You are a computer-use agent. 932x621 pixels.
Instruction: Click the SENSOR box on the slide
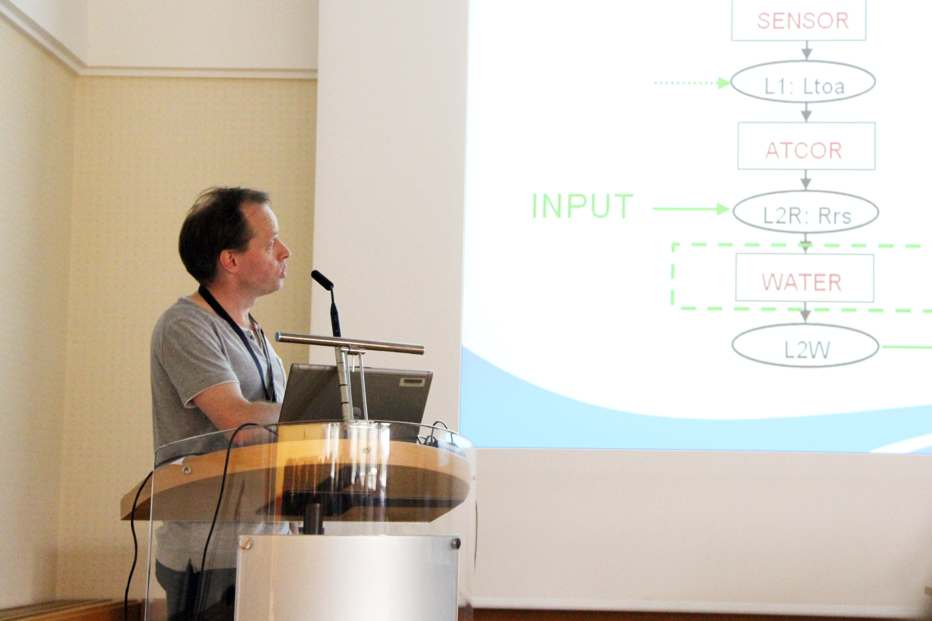pyautogui.click(x=798, y=20)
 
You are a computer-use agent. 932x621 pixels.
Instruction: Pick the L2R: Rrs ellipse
pyautogui.click(x=806, y=212)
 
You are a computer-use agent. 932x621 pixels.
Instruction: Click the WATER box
pyautogui.click(x=804, y=278)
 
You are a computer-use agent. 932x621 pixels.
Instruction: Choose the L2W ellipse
pyautogui.click(x=805, y=345)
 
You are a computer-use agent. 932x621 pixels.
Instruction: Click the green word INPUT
pyautogui.click(x=582, y=206)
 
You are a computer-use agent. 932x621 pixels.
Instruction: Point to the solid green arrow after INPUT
pyautogui.click(x=691, y=209)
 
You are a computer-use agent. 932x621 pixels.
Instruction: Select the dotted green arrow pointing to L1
pyautogui.click(x=692, y=83)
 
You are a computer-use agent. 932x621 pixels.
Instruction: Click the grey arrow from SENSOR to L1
pyautogui.click(x=807, y=50)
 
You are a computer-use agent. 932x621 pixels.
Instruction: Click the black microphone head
pyautogui.click(x=322, y=280)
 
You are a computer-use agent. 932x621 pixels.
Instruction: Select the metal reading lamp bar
pyautogui.click(x=350, y=343)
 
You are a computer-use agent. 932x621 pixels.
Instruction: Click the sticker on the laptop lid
pyautogui.click(x=412, y=382)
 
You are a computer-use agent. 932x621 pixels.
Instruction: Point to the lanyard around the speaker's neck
pyautogui.click(x=238, y=341)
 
